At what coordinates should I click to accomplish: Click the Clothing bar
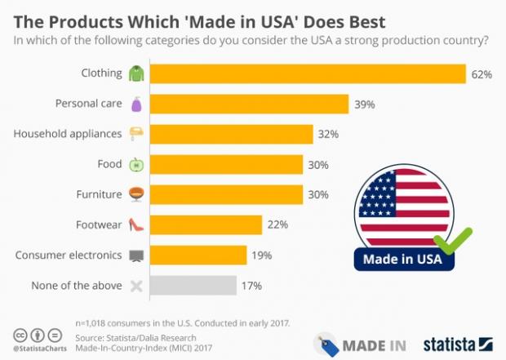tap(308, 73)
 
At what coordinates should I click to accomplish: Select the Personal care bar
tap(249, 104)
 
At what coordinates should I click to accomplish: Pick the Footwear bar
tap(206, 224)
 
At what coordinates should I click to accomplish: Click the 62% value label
tap(482, 74)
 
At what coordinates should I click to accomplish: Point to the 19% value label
tap(261, 256)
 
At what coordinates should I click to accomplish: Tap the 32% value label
tap(328, 134)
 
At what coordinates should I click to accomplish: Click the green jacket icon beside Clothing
tap(136, 73)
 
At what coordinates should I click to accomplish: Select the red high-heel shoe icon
tap(136, 224)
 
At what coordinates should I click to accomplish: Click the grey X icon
tap(136, 286)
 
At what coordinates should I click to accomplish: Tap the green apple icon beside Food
tap(136, 165)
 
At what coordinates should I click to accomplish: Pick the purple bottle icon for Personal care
tap(136, 104)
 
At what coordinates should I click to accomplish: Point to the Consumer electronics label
tap(69, 256)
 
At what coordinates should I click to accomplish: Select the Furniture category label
tap(97, 194)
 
